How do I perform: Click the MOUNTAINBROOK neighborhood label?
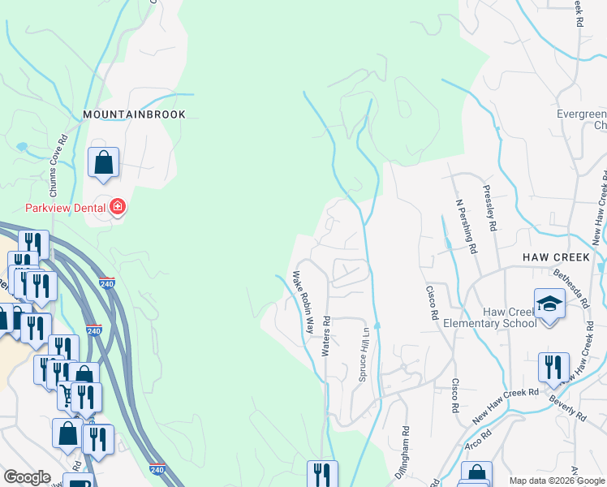pyautogui.click(x=134, y=114)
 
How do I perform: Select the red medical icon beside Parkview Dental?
pyautogui.click(x=118, y=208)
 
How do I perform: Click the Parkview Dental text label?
pyautogui.click(x=66, y=208)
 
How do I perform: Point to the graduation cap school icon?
pyautogui.click(x=549, y=304)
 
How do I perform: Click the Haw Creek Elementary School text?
pyautogui.click(x=489, y=317)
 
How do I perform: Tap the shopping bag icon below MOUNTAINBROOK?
pyautogui.click(x=104, y=162)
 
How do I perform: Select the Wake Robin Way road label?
pyautogui.click(x=303, y=303)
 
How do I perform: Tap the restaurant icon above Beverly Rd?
pyautogui.click(x=553, y=367)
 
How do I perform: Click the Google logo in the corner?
pyautogui.click(x=27, y=477)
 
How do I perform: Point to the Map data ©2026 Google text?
pyautogui.click(x=557, y=481)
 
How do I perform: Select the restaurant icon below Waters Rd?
pyautogui.click(x=322, y=474)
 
